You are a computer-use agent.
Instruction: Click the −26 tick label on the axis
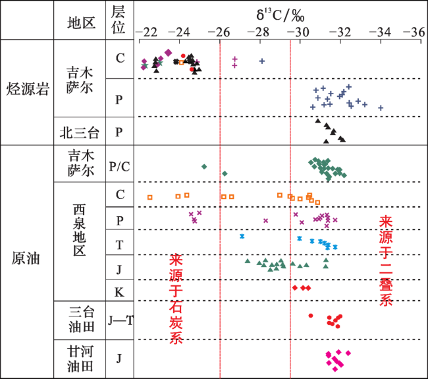tap(219, 31)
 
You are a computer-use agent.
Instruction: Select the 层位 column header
tap(119, 20)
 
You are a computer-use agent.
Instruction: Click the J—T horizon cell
tap(120, 320)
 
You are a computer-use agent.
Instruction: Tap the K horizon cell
tap(119, 291)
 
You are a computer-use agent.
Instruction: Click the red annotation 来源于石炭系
tap(176, 299)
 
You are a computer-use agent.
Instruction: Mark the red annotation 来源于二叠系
tap(387, 258)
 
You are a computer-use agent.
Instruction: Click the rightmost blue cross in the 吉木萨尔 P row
tap(381, 108)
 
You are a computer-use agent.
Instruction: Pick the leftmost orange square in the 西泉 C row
tap(150, 197)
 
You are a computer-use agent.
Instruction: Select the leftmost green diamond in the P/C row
tap(204, 167)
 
